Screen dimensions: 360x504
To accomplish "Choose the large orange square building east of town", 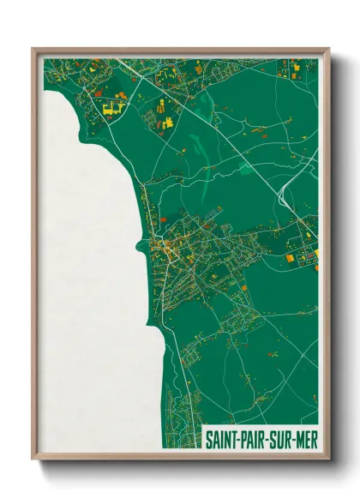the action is (290, 256).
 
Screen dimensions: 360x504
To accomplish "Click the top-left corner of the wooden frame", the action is (33, 49).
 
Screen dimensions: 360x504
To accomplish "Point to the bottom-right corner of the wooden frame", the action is (328, 459).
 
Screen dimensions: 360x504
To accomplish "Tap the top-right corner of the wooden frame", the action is (328, 49).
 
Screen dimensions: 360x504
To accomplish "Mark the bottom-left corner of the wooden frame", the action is (33, 459).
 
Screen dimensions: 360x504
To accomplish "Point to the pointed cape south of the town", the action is (153, 330).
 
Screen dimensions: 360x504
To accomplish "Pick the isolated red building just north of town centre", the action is (163, 195).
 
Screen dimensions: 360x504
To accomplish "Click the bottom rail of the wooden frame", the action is (180, 456).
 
